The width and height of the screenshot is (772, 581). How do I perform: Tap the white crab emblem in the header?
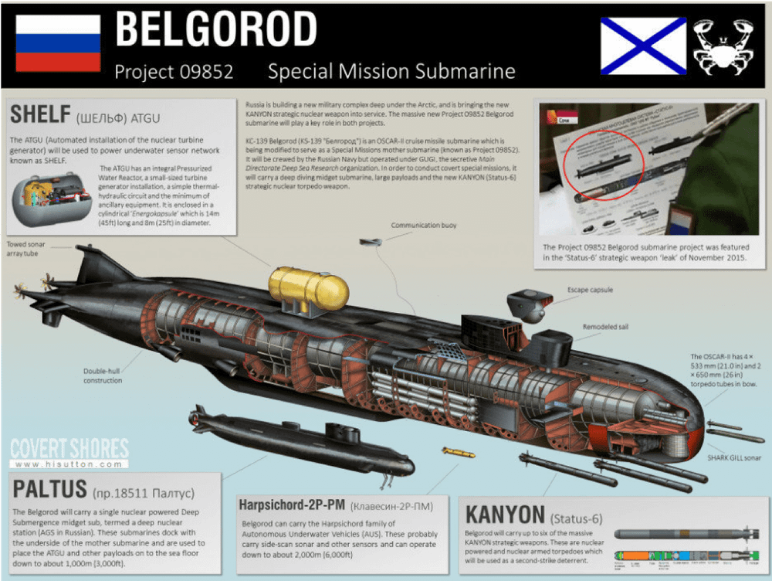pos(723,46)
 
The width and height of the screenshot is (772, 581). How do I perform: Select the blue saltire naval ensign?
pos(643,46)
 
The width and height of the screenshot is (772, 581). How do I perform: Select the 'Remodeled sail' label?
pos(605,327)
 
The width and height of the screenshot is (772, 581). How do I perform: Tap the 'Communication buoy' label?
pos(423,226)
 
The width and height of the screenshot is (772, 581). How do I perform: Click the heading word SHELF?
pos(41,115)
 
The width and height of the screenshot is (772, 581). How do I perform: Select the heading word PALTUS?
pos(49,490)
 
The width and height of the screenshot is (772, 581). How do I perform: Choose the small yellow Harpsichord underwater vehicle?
pos(459,452)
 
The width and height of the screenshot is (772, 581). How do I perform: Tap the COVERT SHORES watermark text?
pos(69,449)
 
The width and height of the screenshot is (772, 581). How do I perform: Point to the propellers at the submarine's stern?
pos(31,289)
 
